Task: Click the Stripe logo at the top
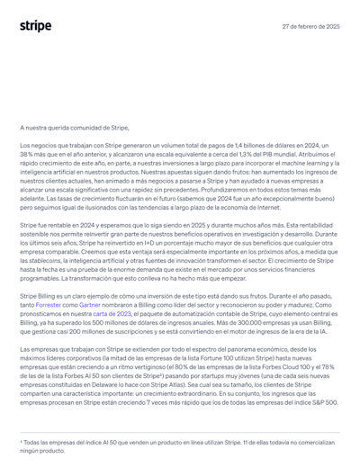(x=36, y=26)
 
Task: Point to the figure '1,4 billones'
(x=243, y=145)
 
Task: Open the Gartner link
(x=89, y=305)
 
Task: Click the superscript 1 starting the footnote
(x=21, y=441)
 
